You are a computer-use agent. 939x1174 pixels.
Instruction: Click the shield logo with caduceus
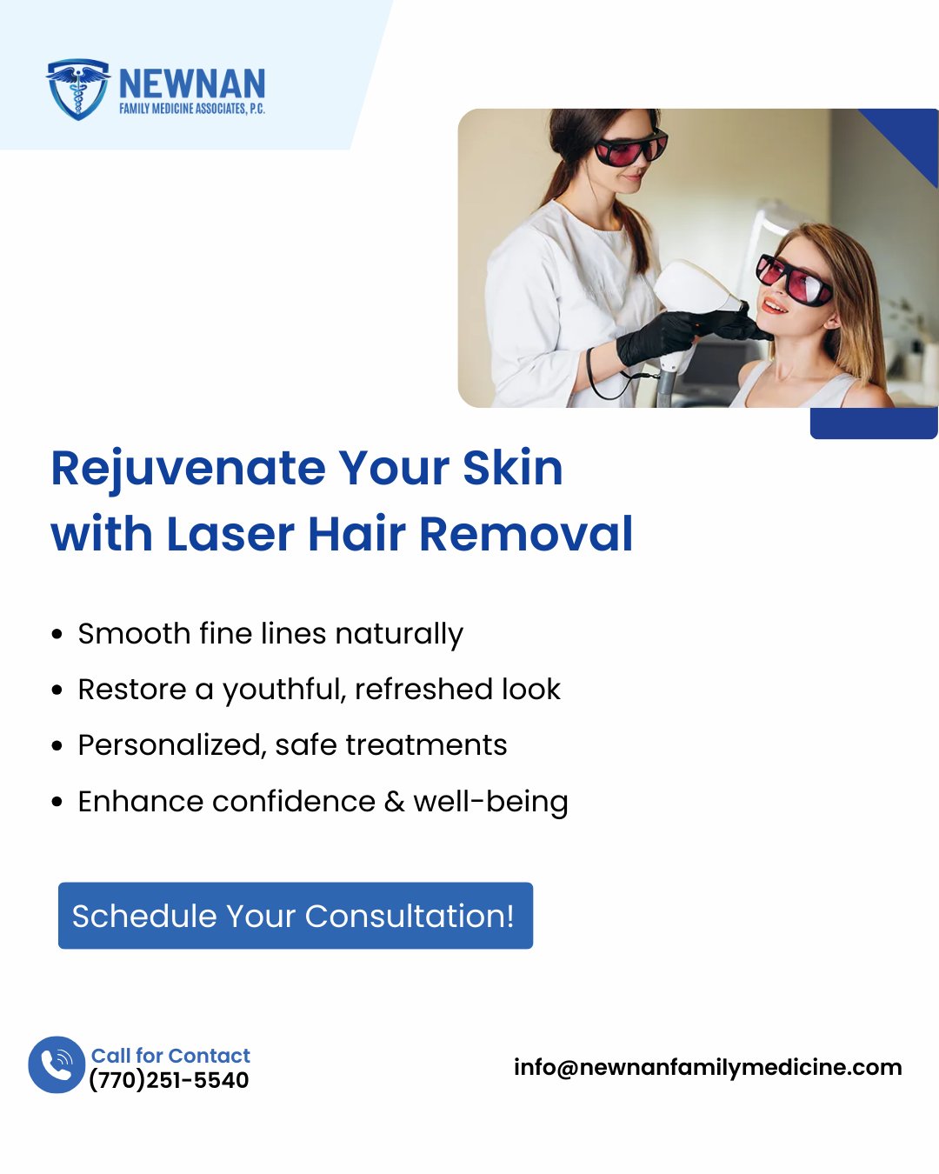click(x=77, y=89)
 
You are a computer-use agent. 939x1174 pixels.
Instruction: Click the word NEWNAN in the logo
click(x=192, y=83)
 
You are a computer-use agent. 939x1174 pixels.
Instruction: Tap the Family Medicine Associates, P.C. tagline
click(x=192, y=109)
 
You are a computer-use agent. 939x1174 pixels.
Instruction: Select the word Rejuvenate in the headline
click(x=189, y=469)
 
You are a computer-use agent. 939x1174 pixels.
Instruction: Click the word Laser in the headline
click(x=230, y=534)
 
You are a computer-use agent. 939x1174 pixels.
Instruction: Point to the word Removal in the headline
click(x=526, y=534)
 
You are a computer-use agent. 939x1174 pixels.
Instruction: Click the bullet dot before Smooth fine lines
click(x=57, y=635)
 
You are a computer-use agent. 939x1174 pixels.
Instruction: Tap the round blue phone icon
click(x=57, y=1065)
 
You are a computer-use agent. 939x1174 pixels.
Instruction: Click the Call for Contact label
click(x=170, y=1056)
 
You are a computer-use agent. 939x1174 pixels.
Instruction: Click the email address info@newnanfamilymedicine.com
click(x=708, y=1068)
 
